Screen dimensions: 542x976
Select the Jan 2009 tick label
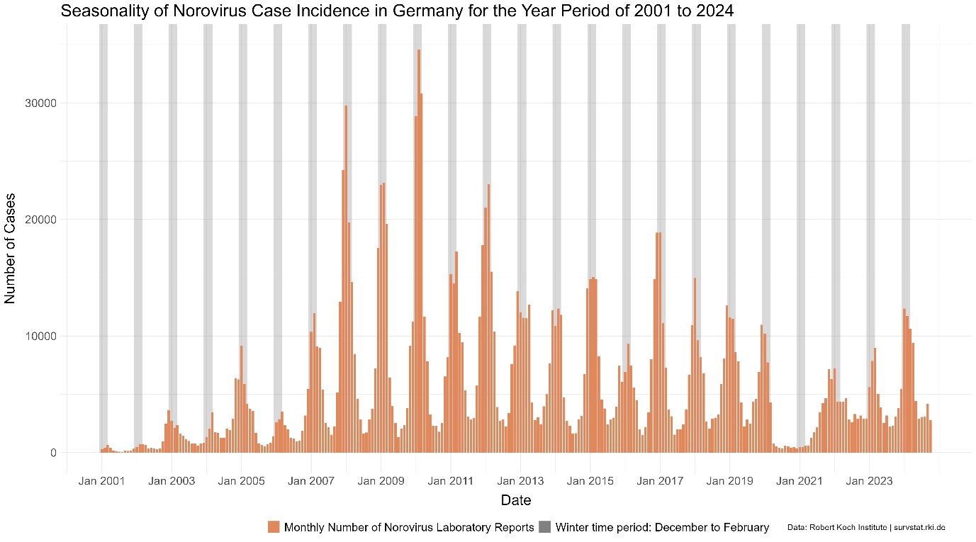381,481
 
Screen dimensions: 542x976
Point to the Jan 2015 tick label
590,481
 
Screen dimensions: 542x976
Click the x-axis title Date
516,500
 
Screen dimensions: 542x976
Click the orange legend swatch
274,526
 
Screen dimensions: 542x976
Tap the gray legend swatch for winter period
545,526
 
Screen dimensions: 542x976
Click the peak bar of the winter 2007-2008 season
346,283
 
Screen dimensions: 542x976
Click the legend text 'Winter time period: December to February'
662,527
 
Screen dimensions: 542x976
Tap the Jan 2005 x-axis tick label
241,481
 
